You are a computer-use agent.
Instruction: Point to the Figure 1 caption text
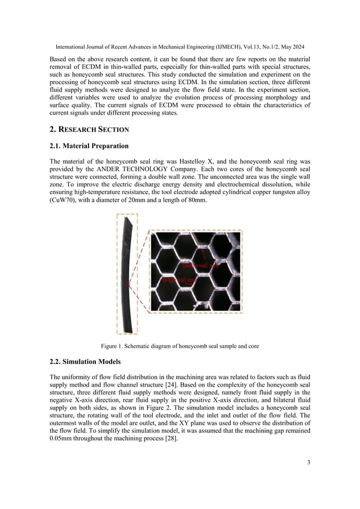pos(179,346)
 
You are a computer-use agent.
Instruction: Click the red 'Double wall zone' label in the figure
pos(200,265)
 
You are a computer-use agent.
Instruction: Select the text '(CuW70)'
pos(64,200)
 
